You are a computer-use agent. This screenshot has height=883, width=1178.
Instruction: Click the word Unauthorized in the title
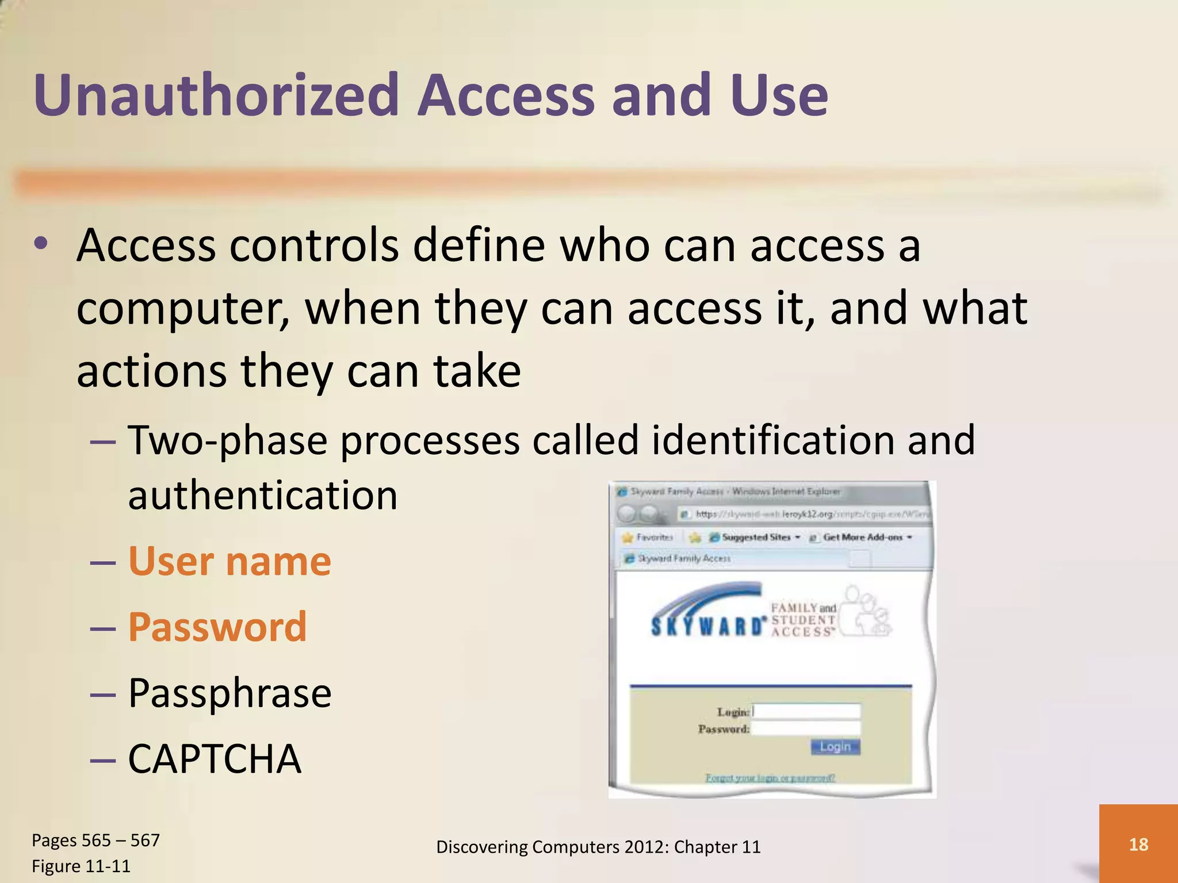[216, 95]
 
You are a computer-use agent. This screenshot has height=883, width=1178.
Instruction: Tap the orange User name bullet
[229, 561]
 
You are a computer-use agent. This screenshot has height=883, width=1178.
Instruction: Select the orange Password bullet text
[217, 627]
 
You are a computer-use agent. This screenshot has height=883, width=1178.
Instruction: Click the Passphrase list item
[230, 693]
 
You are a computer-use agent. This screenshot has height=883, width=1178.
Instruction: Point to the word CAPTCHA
[215, 759]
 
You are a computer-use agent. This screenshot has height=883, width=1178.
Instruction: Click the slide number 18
[1138, 844]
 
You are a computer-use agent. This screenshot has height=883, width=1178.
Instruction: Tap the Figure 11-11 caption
[81, 866]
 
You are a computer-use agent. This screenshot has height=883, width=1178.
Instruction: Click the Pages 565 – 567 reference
[95, 840]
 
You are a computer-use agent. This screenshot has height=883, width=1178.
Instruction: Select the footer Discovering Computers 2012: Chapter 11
[598, 847]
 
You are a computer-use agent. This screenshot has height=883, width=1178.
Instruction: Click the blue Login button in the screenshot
[835, 747]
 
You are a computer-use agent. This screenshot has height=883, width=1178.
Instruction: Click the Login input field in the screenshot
[806, 711]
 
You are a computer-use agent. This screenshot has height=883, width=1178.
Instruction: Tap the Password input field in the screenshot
[806, 728]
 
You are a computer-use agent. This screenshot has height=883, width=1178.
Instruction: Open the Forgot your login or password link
[770, 778]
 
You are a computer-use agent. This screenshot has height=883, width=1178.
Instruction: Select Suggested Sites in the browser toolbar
[756, 537]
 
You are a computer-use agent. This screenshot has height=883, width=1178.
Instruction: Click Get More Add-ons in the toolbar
[862, 537]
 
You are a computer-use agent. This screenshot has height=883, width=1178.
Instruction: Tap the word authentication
[263, 495]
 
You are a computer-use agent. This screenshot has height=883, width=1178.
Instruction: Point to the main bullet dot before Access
[41, 244]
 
